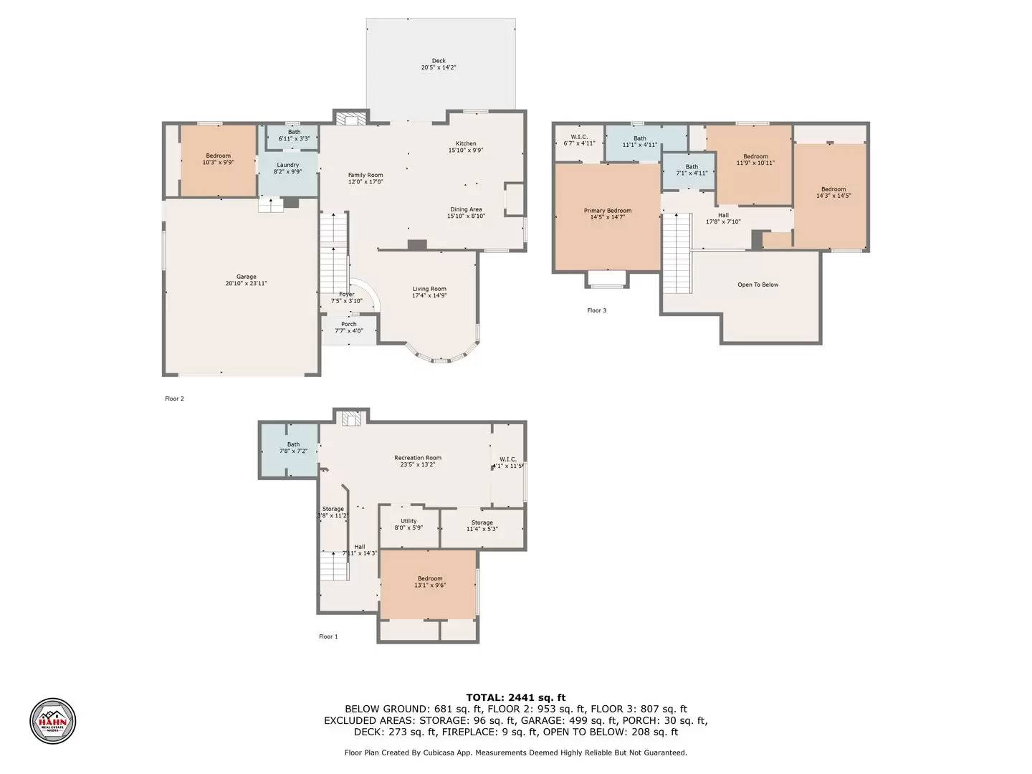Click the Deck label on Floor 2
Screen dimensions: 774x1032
439,61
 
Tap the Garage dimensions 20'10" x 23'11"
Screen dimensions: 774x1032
247,284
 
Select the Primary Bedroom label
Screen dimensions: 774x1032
608,211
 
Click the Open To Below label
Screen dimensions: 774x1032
758,285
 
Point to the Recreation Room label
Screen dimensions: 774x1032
418,458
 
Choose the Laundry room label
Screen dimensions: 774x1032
288,165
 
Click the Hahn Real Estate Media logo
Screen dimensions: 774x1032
52,721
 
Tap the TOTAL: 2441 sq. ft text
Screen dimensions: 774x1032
515,697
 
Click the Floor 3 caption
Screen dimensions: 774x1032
596,310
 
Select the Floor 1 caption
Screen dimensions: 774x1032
328,636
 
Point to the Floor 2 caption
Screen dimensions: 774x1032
175,398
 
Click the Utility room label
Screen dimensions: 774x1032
408,521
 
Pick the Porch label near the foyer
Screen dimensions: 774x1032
349,324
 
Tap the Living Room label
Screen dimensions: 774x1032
429,289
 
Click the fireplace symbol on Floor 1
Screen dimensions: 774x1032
351,419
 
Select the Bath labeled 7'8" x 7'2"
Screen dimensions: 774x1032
294,444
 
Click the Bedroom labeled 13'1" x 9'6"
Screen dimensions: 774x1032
430,578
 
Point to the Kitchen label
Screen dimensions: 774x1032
466,143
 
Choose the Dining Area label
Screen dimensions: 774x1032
466,209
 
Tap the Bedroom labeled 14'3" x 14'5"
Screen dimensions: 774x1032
833,189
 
